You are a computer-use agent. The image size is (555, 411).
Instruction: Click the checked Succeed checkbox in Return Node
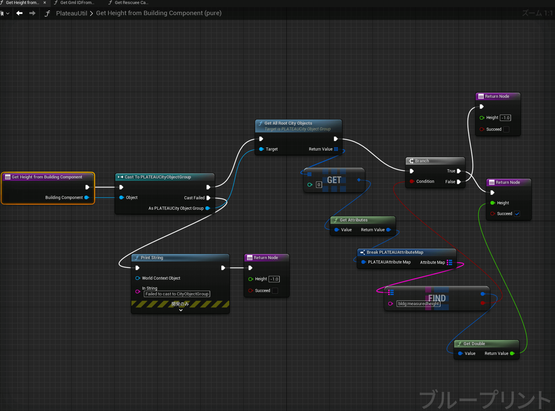coord(517,214)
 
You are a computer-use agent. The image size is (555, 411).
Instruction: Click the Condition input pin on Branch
coord(411,181)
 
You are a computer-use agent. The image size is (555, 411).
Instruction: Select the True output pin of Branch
coord(459,171)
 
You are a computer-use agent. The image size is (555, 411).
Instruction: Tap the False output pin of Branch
coord(459,182)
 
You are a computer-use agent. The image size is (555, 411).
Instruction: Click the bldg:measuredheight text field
coord(419,304)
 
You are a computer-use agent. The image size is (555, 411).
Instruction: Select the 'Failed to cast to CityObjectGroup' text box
coord(177,294)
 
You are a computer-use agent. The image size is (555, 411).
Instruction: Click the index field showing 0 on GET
coord(319,185)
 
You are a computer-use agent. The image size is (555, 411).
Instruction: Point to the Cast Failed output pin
coord(208,198)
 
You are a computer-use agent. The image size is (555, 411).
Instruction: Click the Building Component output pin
coord(87,198)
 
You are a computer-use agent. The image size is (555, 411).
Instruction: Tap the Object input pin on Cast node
coord(122,198)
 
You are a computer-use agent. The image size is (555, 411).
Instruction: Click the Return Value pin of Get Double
coord(512,354)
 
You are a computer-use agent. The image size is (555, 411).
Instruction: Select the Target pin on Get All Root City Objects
coord(261,149)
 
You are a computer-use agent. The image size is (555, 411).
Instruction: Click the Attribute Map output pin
coord(449,262)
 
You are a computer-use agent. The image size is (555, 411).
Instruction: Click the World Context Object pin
coord(137,278)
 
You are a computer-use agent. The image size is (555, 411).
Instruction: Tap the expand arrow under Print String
coord(181,310)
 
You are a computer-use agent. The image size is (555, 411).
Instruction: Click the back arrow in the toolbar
coord(19,13)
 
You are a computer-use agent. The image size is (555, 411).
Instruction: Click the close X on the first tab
coord(45,3)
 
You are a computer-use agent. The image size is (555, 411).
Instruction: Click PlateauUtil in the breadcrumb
coord(72,13)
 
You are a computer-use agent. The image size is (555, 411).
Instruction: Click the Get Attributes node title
coord(354,220)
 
